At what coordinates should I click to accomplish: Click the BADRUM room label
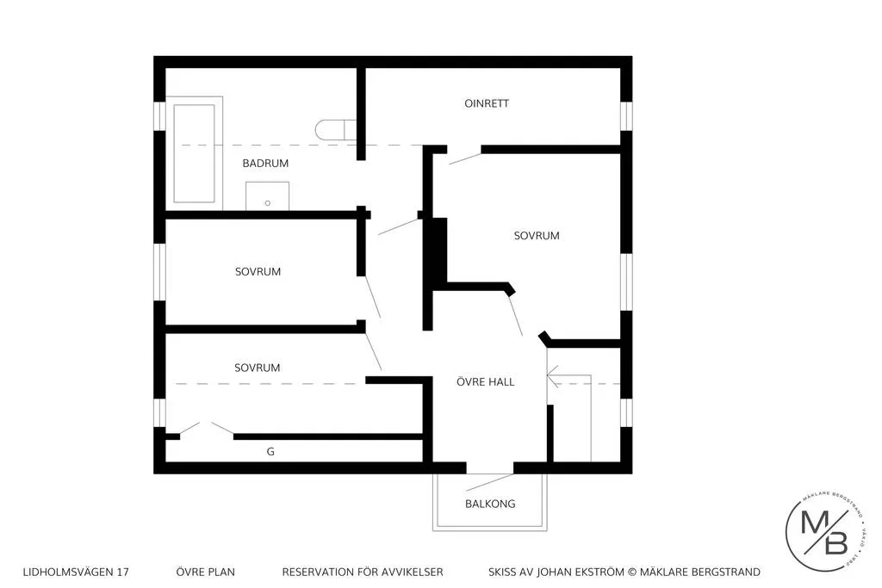coord(264,163)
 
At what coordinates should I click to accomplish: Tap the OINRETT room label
coord(487,103)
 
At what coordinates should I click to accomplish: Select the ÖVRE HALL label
coord(485,381)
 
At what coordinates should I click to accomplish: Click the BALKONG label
coord(489,504)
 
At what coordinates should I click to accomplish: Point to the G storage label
coord(270,451)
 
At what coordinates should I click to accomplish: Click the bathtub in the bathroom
coord(194,153)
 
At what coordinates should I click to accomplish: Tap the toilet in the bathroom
coord(331,130)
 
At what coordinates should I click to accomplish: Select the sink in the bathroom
coord(267,196)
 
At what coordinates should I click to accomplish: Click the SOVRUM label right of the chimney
coord(537,235)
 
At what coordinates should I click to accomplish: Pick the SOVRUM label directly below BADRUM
coord(258,271)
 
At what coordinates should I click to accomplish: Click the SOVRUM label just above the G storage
coord(258,368)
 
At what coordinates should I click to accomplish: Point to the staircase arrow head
coord(552,376)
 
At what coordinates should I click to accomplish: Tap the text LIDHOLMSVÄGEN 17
coord(76,572)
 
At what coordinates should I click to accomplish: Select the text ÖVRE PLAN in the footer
coord(205,572)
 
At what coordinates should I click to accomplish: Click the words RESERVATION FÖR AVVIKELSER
coord(363,572)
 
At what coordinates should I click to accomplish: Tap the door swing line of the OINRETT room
coord(465,158)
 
